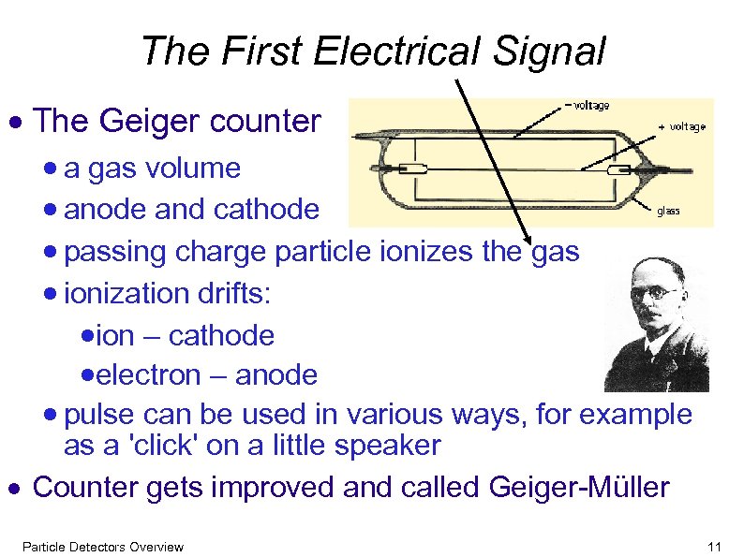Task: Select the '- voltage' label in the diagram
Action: tap(584, 106)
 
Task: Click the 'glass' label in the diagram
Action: tap(668, 211)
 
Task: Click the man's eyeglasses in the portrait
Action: tap(655, 293)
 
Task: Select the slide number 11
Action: tap(717, 547)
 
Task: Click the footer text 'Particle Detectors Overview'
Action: tap(103, 547)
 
